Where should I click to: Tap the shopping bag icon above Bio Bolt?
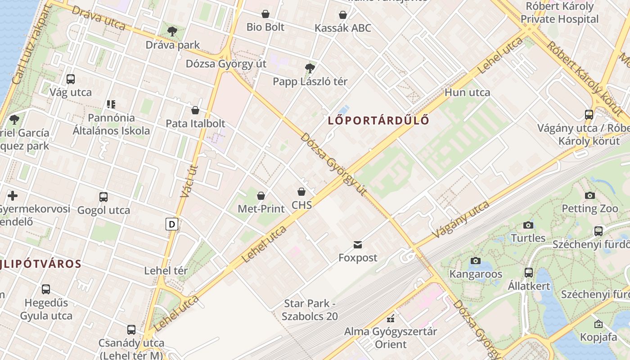click(x=265, y=14)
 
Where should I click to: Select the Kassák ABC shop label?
click(x=343, y=28)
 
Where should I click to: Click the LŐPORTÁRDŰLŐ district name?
click(x=378, y=121)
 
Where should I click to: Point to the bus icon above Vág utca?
click(x=71, y=79)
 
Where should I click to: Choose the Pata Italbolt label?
click(x=195, y=123)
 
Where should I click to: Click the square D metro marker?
click(x=171, y=224)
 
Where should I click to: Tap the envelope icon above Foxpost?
click(x=358, y=245)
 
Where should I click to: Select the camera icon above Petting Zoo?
click(x=589, y=195)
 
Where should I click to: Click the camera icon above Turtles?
click(x=528, y=225)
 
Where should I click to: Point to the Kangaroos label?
click(x=476, y=274)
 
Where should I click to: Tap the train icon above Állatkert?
click(x=529, y=273)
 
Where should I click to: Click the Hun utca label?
click(x=467, y=92)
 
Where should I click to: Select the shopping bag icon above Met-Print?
click(x=261, y=196)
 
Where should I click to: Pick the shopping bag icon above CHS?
click(x=301, y=192)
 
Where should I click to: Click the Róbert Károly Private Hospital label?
click(x=559, y=13)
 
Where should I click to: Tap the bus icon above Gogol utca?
click(x=103, y=197)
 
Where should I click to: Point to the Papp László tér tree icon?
click(x=310, y=68)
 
